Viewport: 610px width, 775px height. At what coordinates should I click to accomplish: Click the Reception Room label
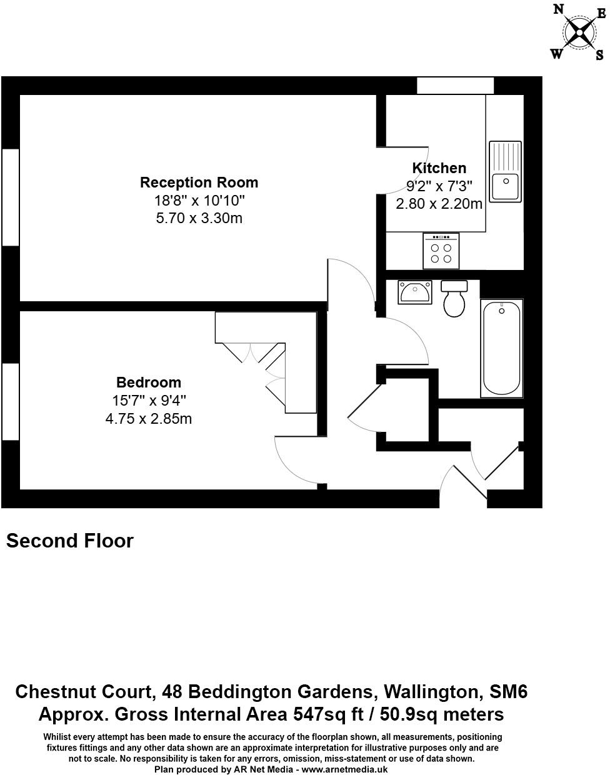click(x=199, y=182)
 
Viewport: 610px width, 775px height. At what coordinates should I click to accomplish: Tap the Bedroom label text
click(x=149, y=382)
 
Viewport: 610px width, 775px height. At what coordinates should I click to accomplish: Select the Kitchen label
click(x=439, y=168)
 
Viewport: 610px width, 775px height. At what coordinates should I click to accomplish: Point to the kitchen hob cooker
click(x=441, y=251)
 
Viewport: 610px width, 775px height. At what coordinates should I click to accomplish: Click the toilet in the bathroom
click(x=454, y=299)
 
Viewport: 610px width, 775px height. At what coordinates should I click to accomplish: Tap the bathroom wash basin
click(x=414, y=292)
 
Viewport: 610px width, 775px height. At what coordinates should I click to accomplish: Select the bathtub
click(x=501, y=347)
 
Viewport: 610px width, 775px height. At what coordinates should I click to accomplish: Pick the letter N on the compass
click(x=559, y=9)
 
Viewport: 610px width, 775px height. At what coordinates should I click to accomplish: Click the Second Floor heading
click(x=70, y=541)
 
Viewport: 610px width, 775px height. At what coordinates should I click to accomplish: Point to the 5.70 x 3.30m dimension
click(x=199, y=218)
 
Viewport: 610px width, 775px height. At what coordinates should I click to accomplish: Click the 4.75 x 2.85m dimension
click(x=149, y=419)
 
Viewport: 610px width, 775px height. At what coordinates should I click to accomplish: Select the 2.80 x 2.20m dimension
click(x=439, y=204)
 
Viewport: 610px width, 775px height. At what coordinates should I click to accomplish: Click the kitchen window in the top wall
click(x=456, y=85)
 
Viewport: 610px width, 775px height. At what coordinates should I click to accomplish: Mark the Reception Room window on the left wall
click(x=11, y=197)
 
